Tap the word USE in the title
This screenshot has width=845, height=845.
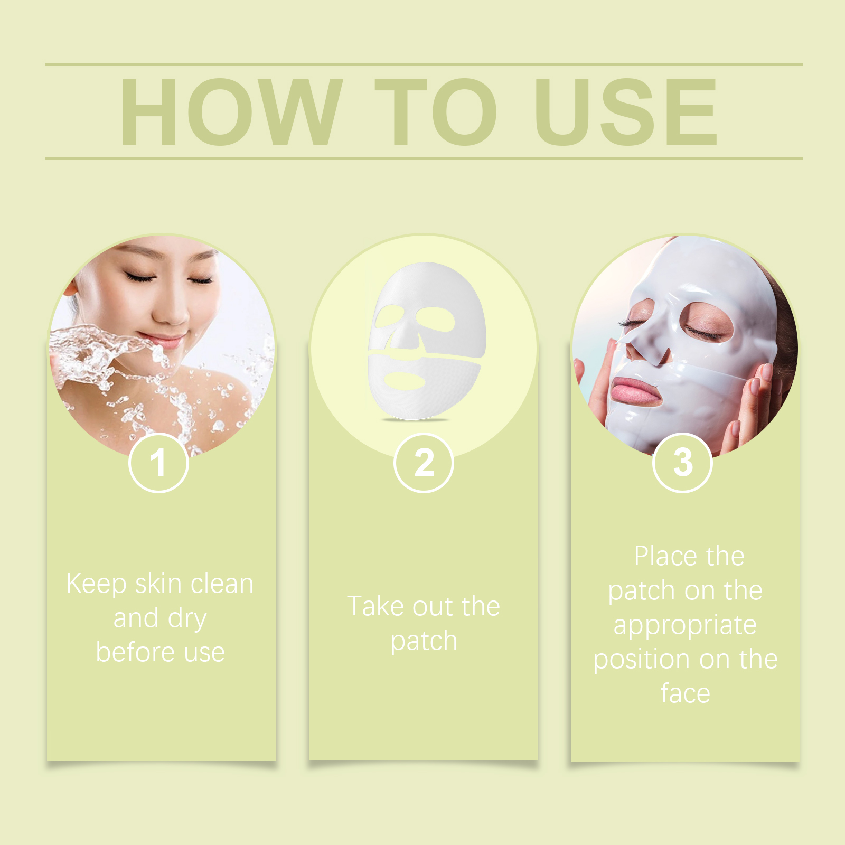click(626, 111)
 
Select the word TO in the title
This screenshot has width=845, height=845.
click(436, 111)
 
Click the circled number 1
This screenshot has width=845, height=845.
click(158, 463)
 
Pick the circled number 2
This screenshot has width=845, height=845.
click(424, 463)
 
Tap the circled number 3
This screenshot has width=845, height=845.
click(682, 463)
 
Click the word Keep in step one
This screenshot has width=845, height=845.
click(97, 585)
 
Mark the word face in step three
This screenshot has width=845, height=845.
click(685, 693)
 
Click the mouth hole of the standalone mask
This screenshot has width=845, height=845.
click(404, 380)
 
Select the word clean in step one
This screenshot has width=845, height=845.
click(222, 584)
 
